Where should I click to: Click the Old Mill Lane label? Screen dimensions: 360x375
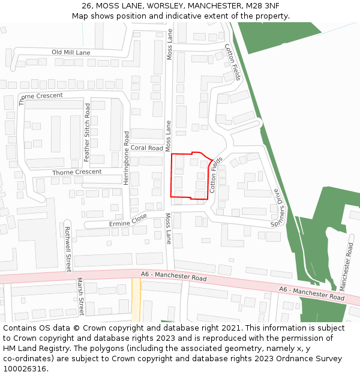[x=71, y=53]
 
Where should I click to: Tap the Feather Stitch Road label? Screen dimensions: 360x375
[x=87, y=133]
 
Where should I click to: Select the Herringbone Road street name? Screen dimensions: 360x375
[x=127, y=157]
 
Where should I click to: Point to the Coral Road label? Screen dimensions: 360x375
[x=146, y=148]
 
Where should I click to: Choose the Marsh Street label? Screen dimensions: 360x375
[x=80, y=296]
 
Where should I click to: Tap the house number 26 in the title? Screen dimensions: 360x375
[x=88, y=5]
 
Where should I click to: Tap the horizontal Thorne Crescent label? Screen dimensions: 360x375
[x=77, y=172]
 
